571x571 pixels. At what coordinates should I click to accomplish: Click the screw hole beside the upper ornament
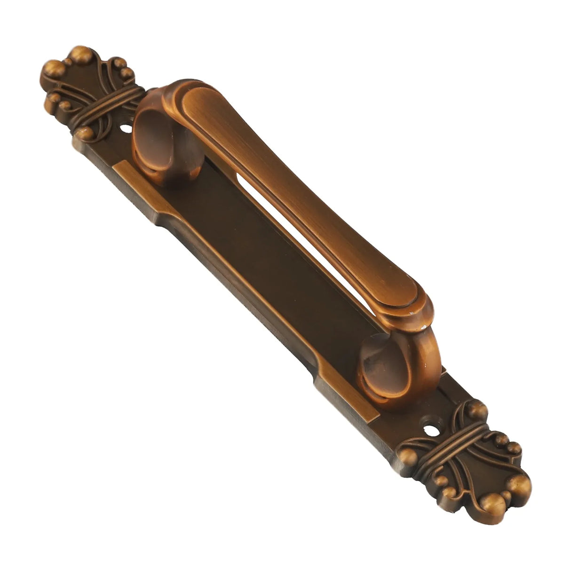126,127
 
